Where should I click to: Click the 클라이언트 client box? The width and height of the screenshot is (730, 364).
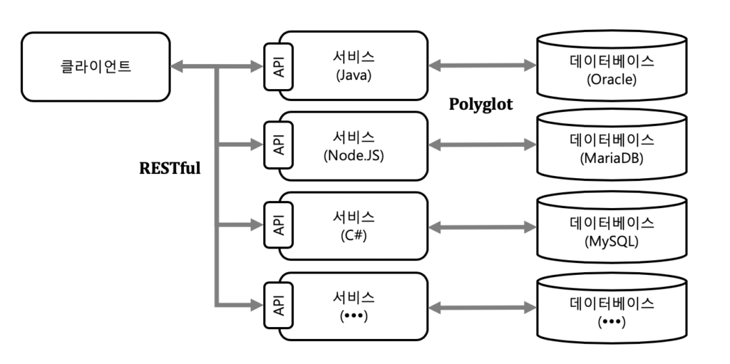[x=96, y=66]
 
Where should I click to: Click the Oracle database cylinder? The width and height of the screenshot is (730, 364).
[x=612, y=70]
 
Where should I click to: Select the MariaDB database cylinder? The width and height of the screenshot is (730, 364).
[x=612, y=149]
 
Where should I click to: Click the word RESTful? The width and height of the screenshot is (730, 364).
[x=170, y=170]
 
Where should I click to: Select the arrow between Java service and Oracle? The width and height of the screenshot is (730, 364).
[x=482, y=66]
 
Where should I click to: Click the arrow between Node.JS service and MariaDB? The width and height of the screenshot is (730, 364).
[x=482, y=145]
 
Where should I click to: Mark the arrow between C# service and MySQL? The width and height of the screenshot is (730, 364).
[x=482, y=227]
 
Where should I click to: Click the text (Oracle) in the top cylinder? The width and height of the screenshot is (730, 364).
[x=612, y=79]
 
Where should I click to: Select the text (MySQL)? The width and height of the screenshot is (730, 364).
[x=612, y=241]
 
